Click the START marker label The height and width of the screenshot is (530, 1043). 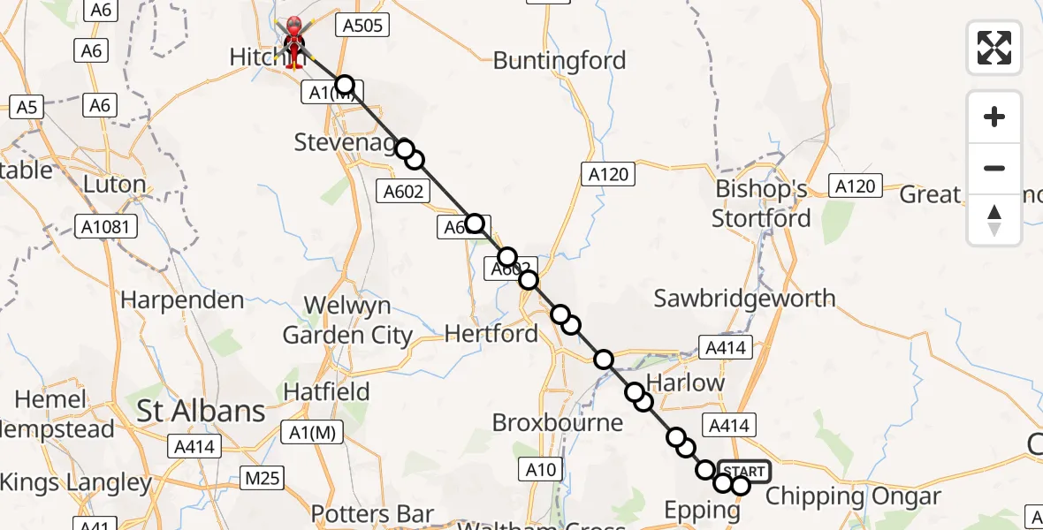(x=744, y=472)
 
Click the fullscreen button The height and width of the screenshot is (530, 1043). (x=994, y=47)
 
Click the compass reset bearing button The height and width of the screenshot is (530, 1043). (x=994, y=220)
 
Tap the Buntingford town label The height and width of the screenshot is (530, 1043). (x=560, y=61)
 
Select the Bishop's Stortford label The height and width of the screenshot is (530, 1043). (x=761, y=203)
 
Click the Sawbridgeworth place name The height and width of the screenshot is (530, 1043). (x=744, y=299)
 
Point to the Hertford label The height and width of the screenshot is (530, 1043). (x=491, y=334)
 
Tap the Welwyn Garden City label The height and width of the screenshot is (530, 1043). (x=347, y=321)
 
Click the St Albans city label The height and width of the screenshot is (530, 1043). (x=202, y=411)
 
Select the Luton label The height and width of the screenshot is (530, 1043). (x=114, y=185)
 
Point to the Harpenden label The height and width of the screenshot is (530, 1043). (x=182, y=300)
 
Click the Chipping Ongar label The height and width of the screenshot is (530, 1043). (x=852, y=496)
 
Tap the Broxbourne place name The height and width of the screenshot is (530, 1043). (x=557, y=423)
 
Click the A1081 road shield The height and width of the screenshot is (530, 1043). (x=105, y=226)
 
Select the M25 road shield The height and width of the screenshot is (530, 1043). (x=263, y=479)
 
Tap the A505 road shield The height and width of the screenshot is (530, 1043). (x=362, y=25)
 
